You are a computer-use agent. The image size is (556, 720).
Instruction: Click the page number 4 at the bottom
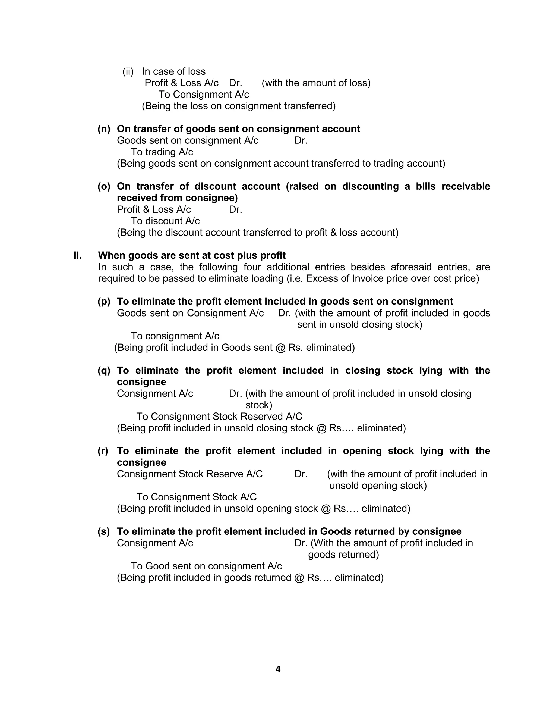278,669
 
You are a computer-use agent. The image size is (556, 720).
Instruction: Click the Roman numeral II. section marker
77,255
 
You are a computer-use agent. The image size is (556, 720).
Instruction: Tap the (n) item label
104,129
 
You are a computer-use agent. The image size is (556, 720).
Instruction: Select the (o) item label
104,186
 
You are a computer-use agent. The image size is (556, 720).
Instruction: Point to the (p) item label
104,301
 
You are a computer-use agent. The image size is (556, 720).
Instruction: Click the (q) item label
104,371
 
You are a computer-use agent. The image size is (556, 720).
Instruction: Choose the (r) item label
103,451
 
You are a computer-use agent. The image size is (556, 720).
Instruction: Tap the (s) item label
103,531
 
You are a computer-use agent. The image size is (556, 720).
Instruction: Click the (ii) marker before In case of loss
128,71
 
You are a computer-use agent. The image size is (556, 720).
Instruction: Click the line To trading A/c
162,152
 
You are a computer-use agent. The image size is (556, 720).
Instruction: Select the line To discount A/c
165,221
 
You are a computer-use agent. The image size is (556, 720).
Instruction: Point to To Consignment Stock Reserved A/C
219,416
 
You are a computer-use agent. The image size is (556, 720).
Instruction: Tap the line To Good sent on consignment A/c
206,566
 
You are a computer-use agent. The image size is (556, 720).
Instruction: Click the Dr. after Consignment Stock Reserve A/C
301,474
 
